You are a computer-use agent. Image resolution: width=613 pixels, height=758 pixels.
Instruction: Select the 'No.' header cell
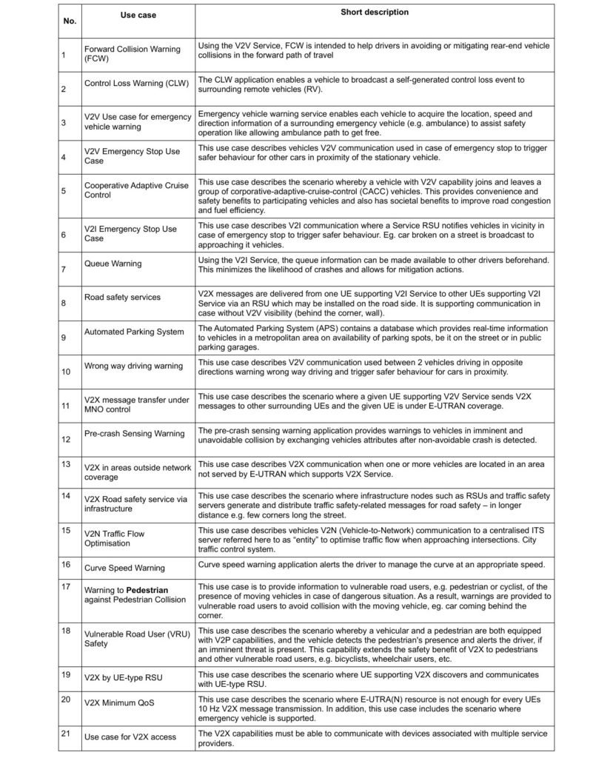pyautogui.click(x=70, y=21)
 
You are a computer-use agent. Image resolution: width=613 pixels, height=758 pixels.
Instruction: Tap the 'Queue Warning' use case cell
pyautogui.click(x=113, y=264)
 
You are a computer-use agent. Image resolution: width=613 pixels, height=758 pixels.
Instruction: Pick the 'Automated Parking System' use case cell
pyautogui.click(x=134, y=332)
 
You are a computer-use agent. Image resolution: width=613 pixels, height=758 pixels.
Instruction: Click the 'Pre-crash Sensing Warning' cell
pyautogui.click(x=134, y=434)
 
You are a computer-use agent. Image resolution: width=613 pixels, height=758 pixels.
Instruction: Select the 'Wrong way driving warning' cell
pyautogui.click(x=133, y=366)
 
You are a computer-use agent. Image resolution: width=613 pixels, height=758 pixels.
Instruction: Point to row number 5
pyautogui.click(x=64, y=190)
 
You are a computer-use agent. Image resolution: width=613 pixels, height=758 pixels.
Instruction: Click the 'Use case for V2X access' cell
pyautogui.click(x=131, y=737)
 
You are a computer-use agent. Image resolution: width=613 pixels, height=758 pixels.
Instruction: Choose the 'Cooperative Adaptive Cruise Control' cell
pyautogui.click(x=135, y=190)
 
